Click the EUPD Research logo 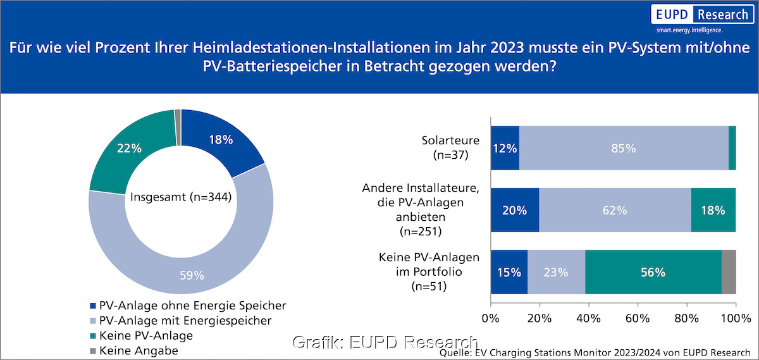[x=702, y=17]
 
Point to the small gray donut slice [x=178, y=118]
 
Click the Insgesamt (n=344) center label [x=180, y=197]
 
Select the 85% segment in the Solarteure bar [x=623, y=148]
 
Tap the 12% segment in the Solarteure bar [x=505, y=148]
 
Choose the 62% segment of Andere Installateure [x=615, y=210]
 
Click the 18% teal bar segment [x=713, y=210]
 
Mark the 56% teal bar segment [x=653, y=272]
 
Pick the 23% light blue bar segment [x=556, y=272]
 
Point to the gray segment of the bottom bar [x=728, y=272]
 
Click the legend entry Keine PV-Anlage [x=145, y=335]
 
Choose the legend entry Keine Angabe [x=139, y=350]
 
